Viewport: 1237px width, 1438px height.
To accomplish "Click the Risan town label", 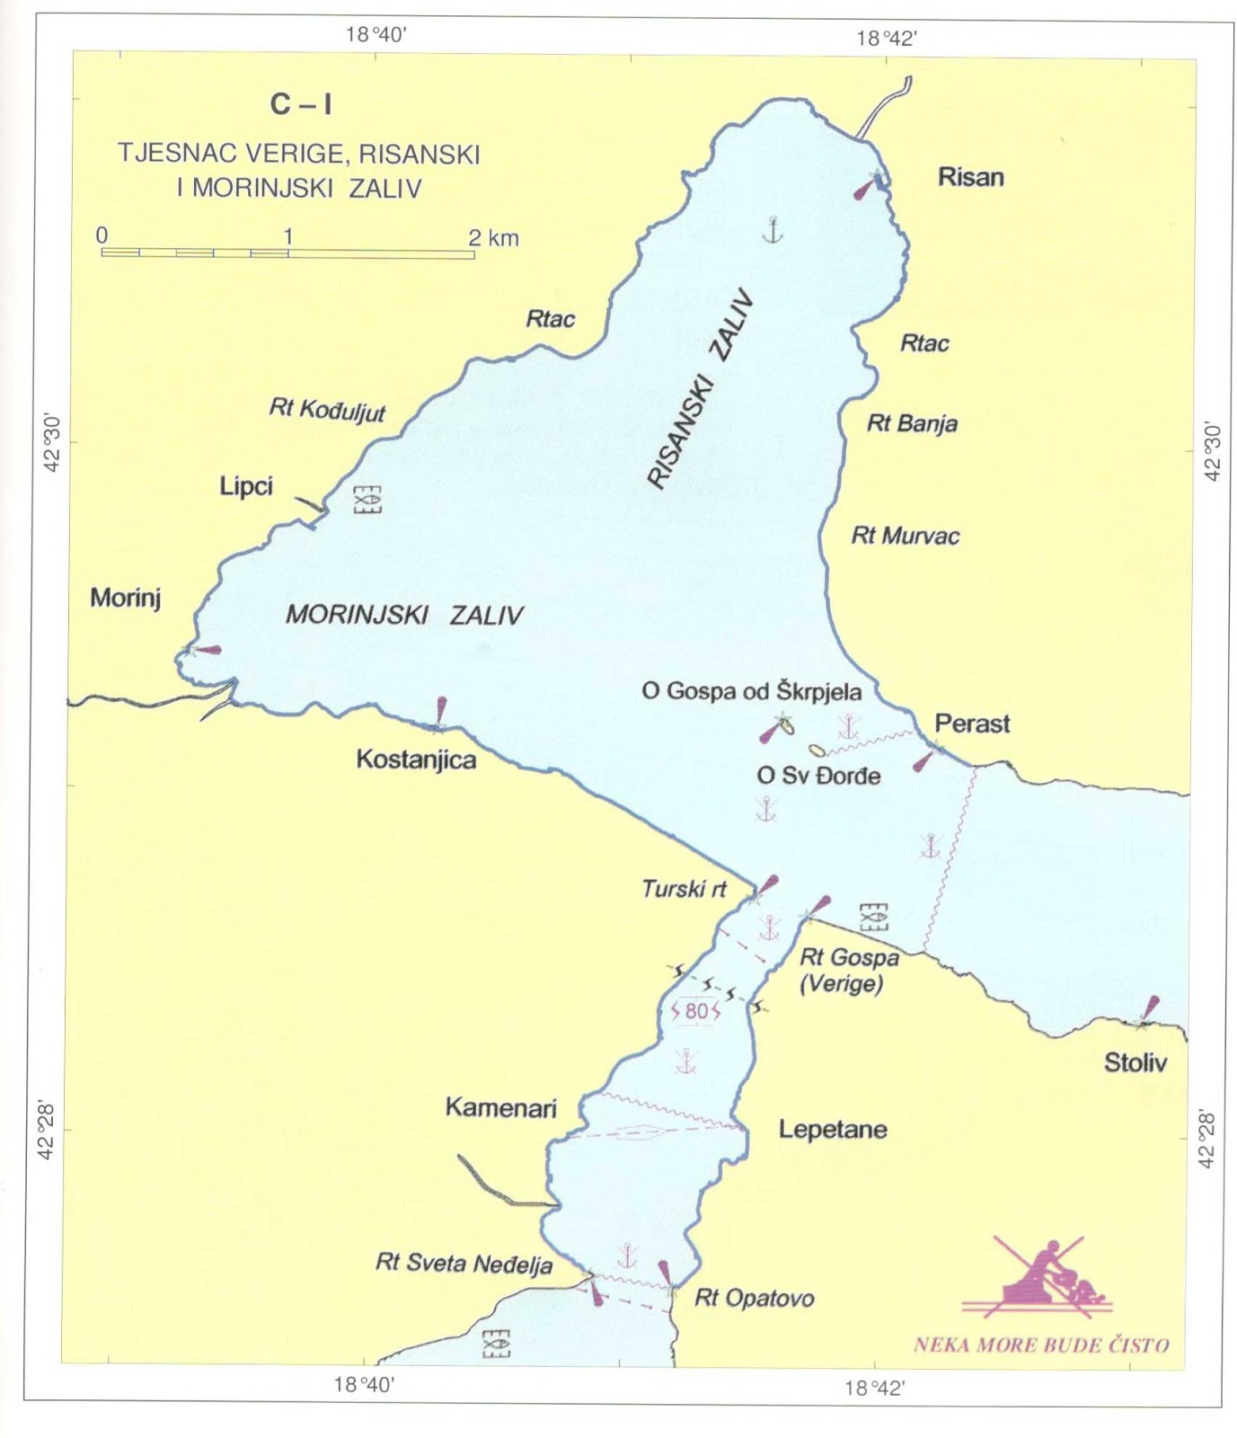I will [x=970, y=176].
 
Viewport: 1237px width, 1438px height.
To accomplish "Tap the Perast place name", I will [x=972, y=723].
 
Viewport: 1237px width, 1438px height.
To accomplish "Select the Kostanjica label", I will [x=416, y=759].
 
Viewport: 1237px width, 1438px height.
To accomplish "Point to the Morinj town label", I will [x=125, y=599].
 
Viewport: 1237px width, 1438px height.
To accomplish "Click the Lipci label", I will [x=246, y=486].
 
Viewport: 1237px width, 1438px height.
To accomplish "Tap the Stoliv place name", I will [x=1135, y=1063].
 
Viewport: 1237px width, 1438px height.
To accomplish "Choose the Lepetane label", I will [x=832, y=1130].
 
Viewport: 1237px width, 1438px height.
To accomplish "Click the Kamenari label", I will [x=500, y=1107].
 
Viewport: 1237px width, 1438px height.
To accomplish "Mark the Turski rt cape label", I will [x=684, y=890].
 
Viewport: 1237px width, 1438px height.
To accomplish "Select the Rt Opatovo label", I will [x=754, y=1299].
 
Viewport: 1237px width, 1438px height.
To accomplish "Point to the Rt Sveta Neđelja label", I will [x=464, y=1264].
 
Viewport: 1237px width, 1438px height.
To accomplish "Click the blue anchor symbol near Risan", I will [x=772, y=230].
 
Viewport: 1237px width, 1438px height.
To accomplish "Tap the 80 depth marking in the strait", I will [x=696, y=1011].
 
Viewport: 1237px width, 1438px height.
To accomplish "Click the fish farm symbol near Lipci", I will [x=367, y=500].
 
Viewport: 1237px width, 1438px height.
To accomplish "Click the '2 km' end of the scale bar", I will [x=493, y=238].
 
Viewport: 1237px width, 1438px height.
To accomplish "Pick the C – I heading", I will [x=301, y=105].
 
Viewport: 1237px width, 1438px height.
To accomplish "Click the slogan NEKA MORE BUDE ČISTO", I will [x=1040, y=1345].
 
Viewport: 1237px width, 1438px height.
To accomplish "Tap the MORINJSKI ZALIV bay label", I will [x=404, y=616].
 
